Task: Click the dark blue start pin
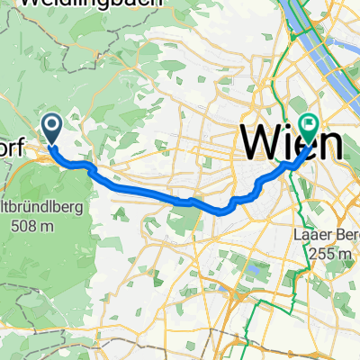click(x=51, y=128)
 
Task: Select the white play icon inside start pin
click(x=51, y=125)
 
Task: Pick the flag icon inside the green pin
click(x=311, y=127)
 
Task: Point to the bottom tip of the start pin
click(x=51, y=144)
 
